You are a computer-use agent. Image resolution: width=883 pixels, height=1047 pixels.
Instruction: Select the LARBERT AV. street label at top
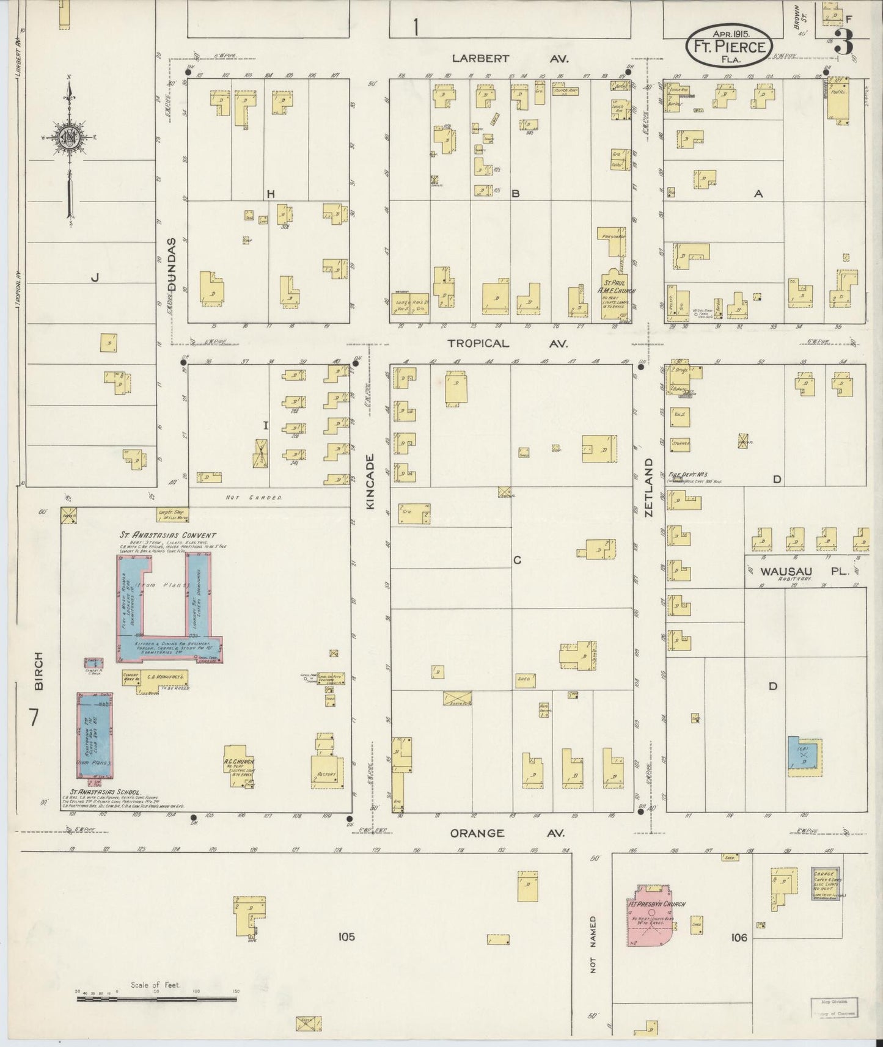[x=510, y=59]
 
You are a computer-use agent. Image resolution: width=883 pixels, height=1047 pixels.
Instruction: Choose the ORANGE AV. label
[x=507, y=833]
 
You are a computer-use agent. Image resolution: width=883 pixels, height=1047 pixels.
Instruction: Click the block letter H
[x=270, y=194]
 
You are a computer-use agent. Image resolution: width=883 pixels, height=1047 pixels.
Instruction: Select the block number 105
[x=345, y=936]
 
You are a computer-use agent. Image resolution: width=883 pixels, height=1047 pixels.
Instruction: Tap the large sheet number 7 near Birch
[x=34, y=717]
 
